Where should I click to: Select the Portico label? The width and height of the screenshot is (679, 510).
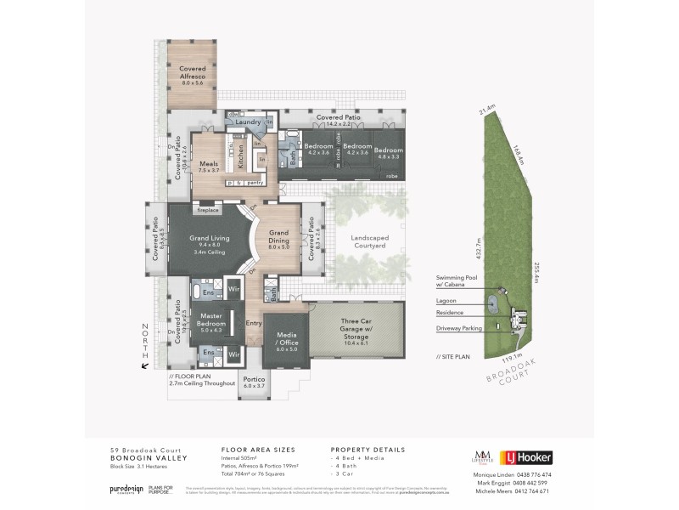point(254,382)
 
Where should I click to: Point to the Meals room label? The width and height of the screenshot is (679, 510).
point(208,167)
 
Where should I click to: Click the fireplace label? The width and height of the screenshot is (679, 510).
point(207,209)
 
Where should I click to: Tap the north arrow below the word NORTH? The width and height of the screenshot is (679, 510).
point(145,365)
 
